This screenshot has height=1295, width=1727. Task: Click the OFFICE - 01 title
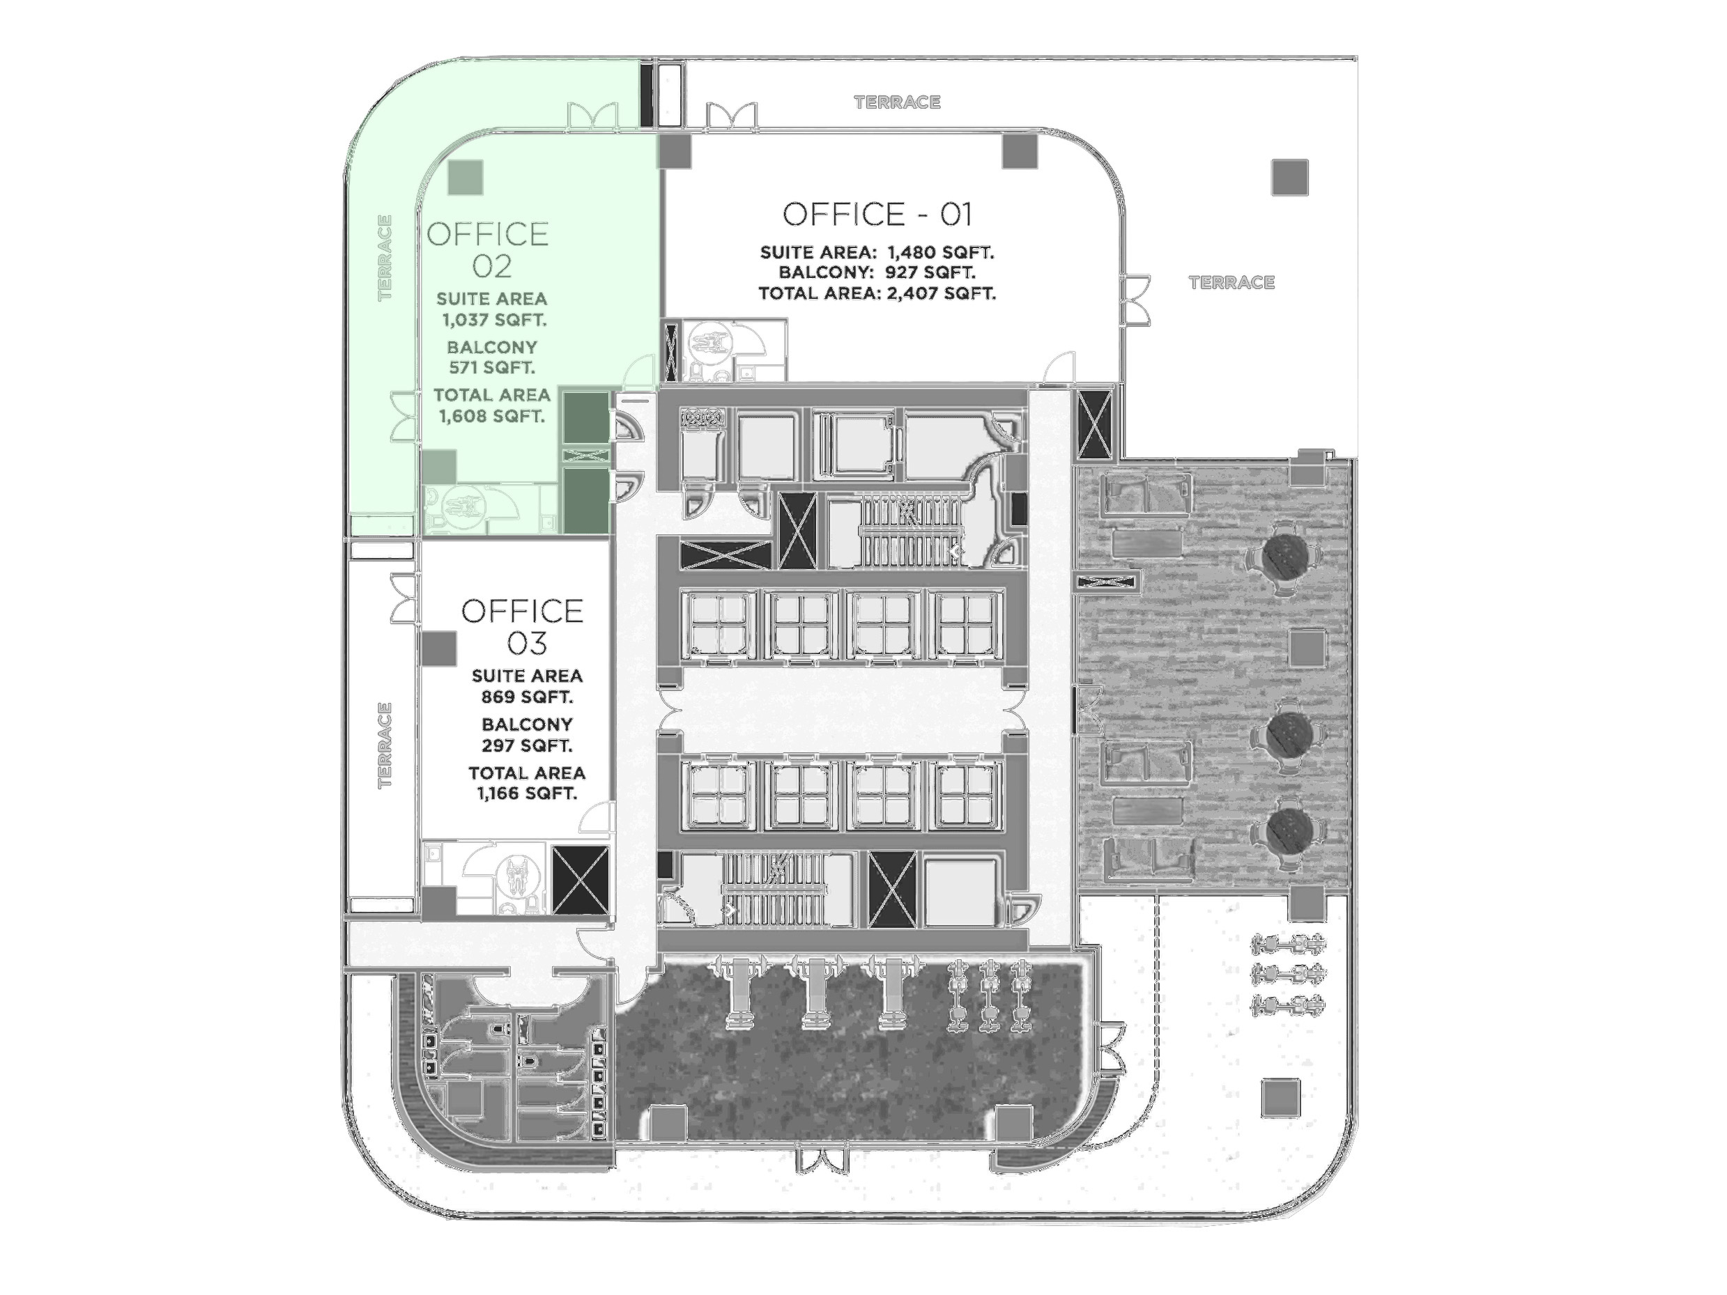[x=877, y=214]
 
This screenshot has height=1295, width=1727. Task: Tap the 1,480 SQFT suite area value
[x=941, y=253]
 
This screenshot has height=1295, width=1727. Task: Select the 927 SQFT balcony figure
[x=930, y=272]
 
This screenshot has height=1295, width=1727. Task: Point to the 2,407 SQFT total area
[x=942, y=293]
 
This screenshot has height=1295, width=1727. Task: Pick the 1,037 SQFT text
[x=493, y=320]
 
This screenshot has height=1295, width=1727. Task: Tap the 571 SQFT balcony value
[x=492, y=368]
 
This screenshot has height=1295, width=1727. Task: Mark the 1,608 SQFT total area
[x=491, y=417]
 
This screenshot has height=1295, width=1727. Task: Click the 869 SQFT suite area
[x=527, y=697]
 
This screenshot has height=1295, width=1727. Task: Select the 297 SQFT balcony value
[x=527, y=745]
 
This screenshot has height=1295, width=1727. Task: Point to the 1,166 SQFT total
[x=527, y=794]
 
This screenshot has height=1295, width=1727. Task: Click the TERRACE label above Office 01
[x=897, y=102]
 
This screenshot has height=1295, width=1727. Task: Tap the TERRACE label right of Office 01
[x=1231, y=283]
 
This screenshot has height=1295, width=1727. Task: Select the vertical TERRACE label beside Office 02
[x=384, y=258]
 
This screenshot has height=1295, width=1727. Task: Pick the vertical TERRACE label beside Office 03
[x=384, y=745]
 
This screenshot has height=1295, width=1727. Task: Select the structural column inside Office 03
[x=439, y=649]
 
